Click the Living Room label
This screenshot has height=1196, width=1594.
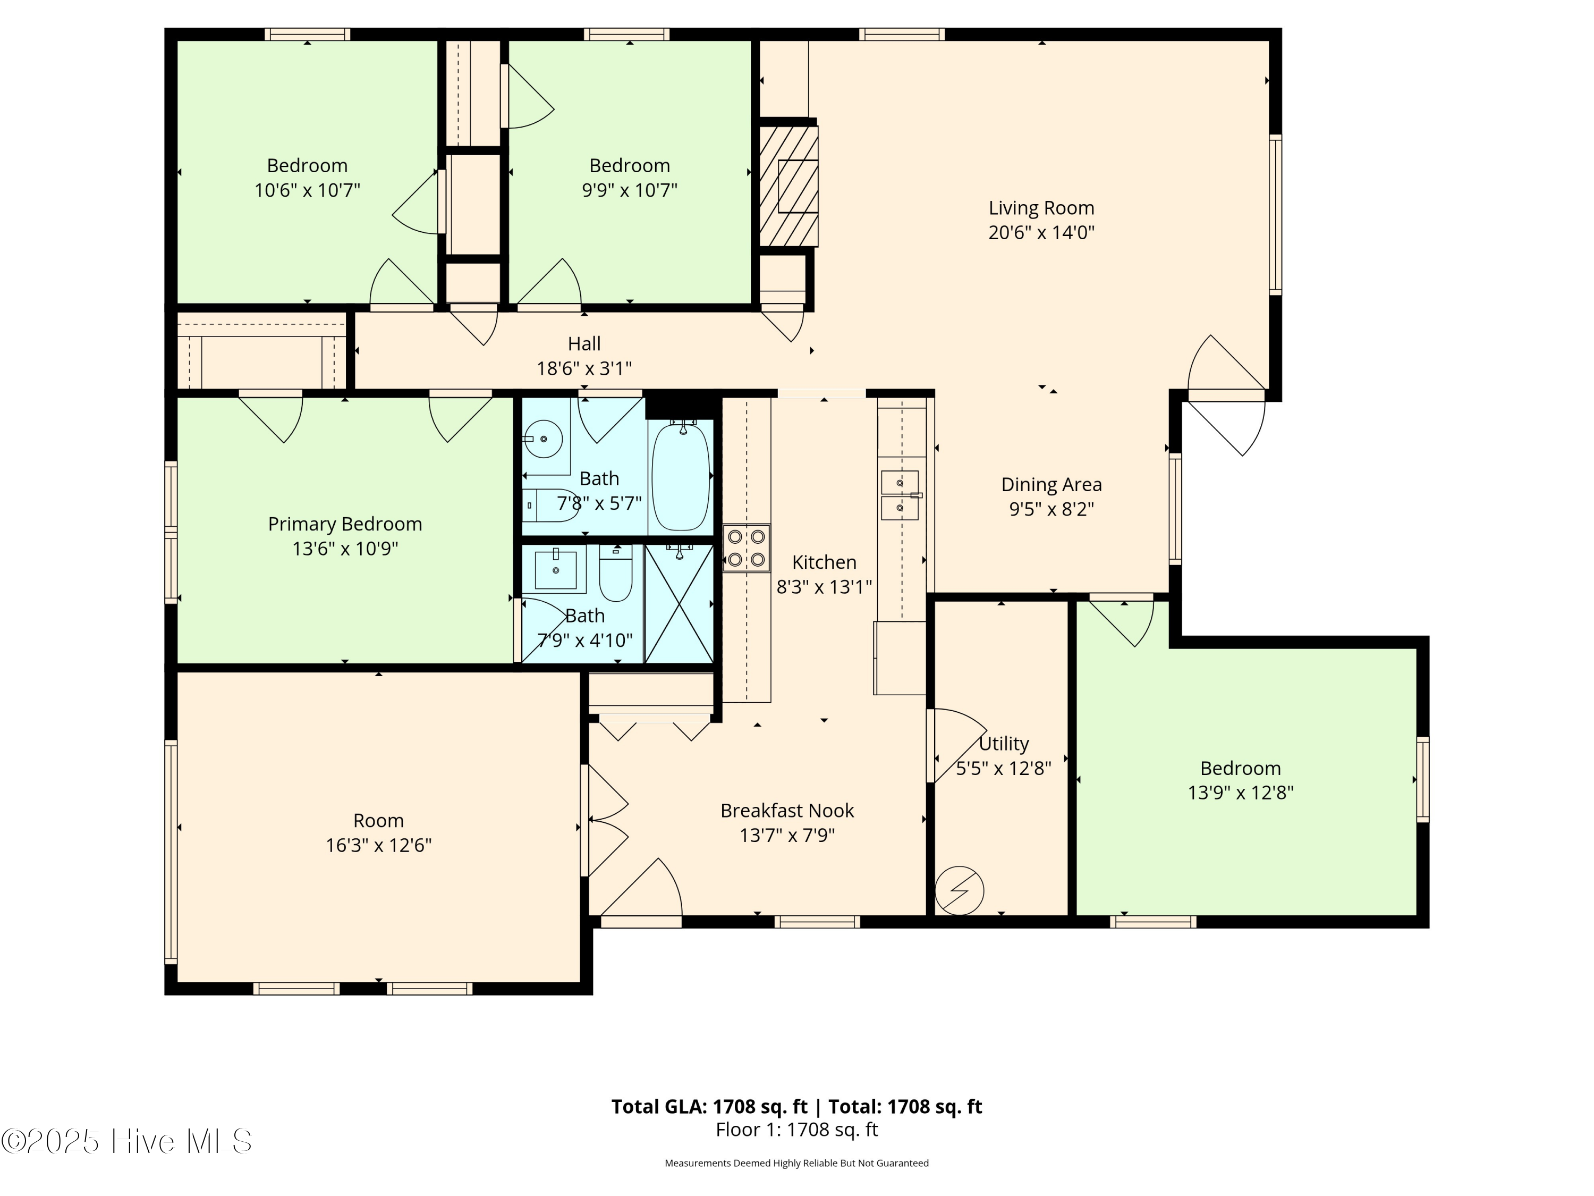pos(1040,208)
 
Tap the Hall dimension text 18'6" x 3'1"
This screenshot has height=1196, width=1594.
pos(584,368)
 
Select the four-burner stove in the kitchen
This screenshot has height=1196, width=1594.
pos(746,548)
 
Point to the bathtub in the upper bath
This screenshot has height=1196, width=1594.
pos(680,477)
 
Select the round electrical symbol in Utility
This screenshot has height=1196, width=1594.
pos(959,890)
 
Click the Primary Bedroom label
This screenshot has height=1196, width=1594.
pos(344,524)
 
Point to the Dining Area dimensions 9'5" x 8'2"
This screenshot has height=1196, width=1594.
pos(1050,509)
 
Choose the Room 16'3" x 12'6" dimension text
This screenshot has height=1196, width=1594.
pos(378,845)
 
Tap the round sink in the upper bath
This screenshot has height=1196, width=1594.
pos(542,439)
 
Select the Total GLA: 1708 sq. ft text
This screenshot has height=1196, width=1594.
pos(709,1107)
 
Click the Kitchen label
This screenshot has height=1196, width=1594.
pos(824,562)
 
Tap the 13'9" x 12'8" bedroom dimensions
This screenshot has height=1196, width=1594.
pos(1240,793)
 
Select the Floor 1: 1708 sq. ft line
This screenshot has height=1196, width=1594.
pos(796,1130)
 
